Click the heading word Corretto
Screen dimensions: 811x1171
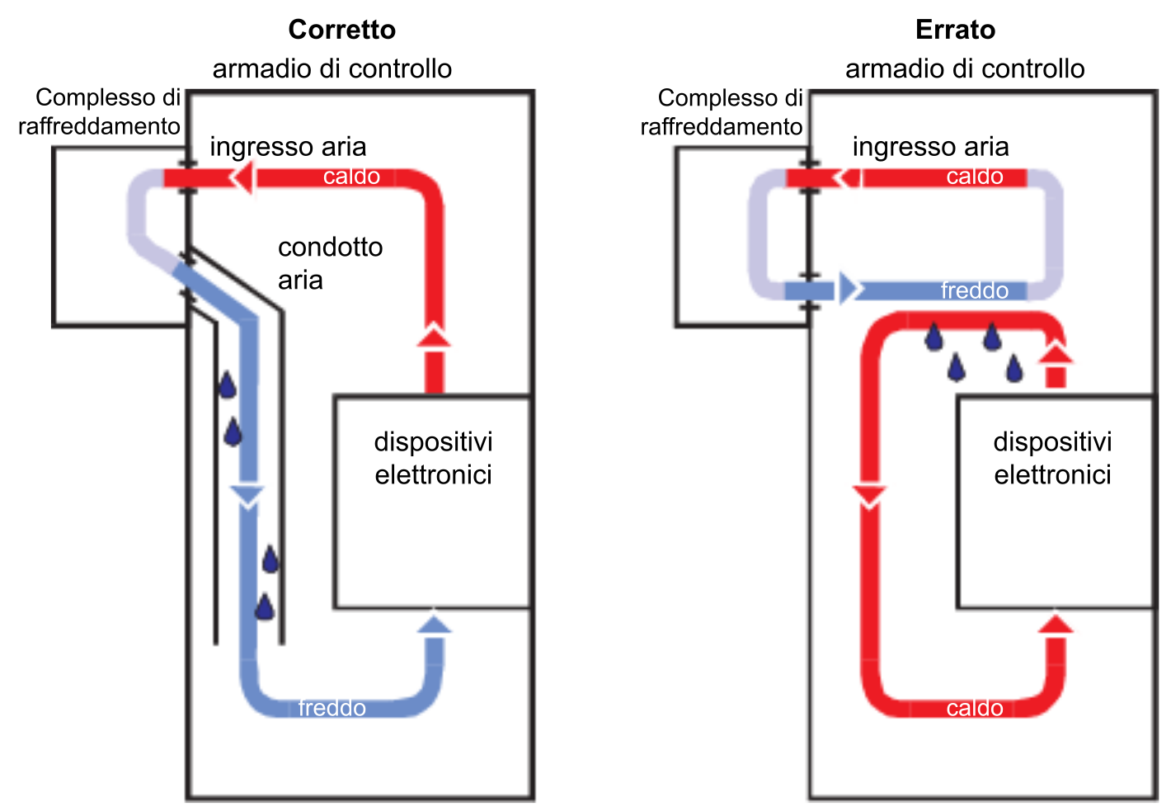[x=341, y=30]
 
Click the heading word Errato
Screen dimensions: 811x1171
[x=955, y=30]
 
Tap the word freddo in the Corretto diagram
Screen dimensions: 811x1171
[x=332, y=708]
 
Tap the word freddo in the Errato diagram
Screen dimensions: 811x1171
[x=974, y=290]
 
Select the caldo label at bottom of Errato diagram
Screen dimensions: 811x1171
[x=974, y=708]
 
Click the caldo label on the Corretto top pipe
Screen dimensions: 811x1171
[x=351, y=177]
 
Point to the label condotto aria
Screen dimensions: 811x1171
[x=330, y=263]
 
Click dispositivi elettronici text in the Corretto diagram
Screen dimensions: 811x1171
[x=433, y=458]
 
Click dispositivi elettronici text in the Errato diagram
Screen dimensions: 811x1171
[x=1052, y=458]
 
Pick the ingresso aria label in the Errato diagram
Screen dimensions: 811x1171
[x=930, y=147]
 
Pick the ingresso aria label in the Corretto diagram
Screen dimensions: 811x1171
[x=288, y=147]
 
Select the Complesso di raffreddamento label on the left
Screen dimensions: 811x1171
[x=100, y=112]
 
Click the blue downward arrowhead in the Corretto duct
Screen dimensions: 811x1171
[x=247, y=495]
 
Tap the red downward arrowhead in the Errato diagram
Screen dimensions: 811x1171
[x=869, y=497]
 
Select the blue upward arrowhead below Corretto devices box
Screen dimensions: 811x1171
[x=434, y=624]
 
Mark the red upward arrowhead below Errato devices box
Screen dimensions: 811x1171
[x=1055, y=624]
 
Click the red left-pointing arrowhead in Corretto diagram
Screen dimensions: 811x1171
[x=242, y=177]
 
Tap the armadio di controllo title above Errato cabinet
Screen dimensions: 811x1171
[x=965, y=68]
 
